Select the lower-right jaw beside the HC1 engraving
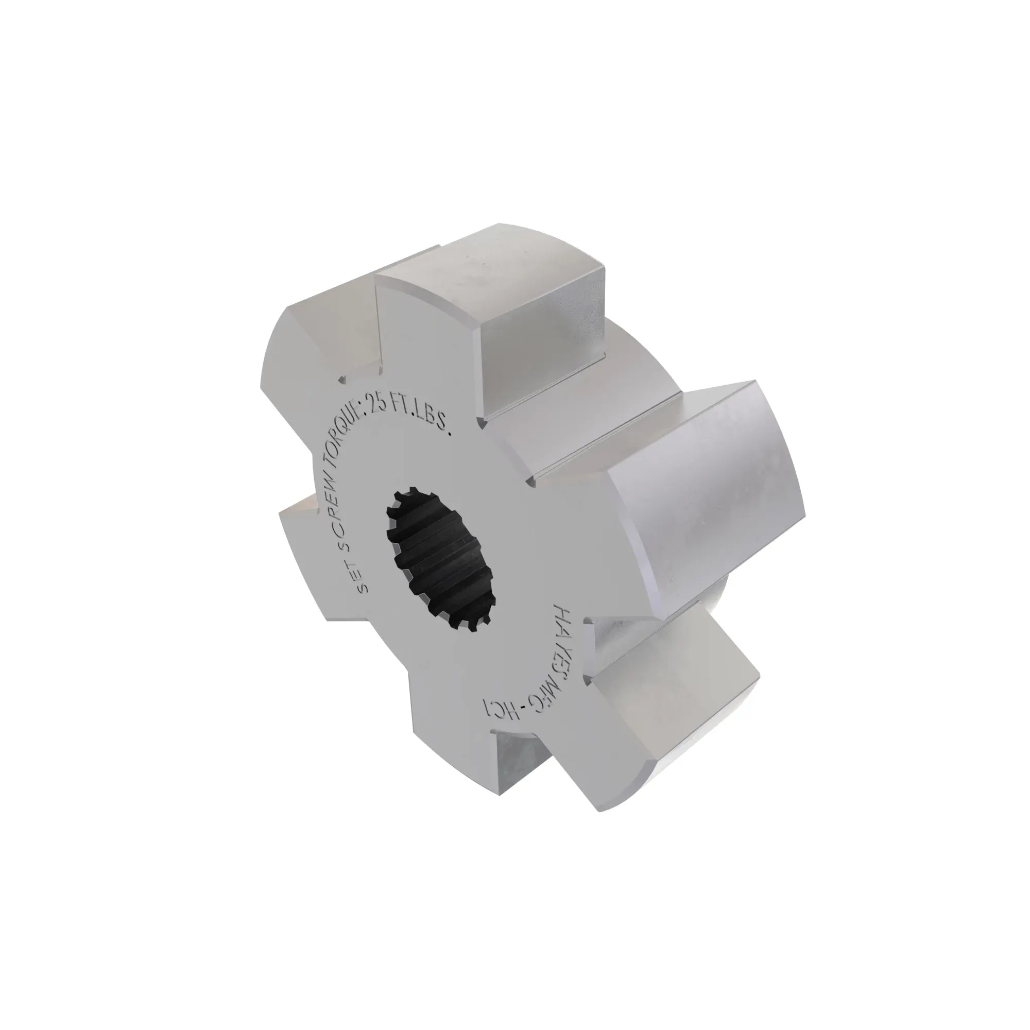click(666, 709)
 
